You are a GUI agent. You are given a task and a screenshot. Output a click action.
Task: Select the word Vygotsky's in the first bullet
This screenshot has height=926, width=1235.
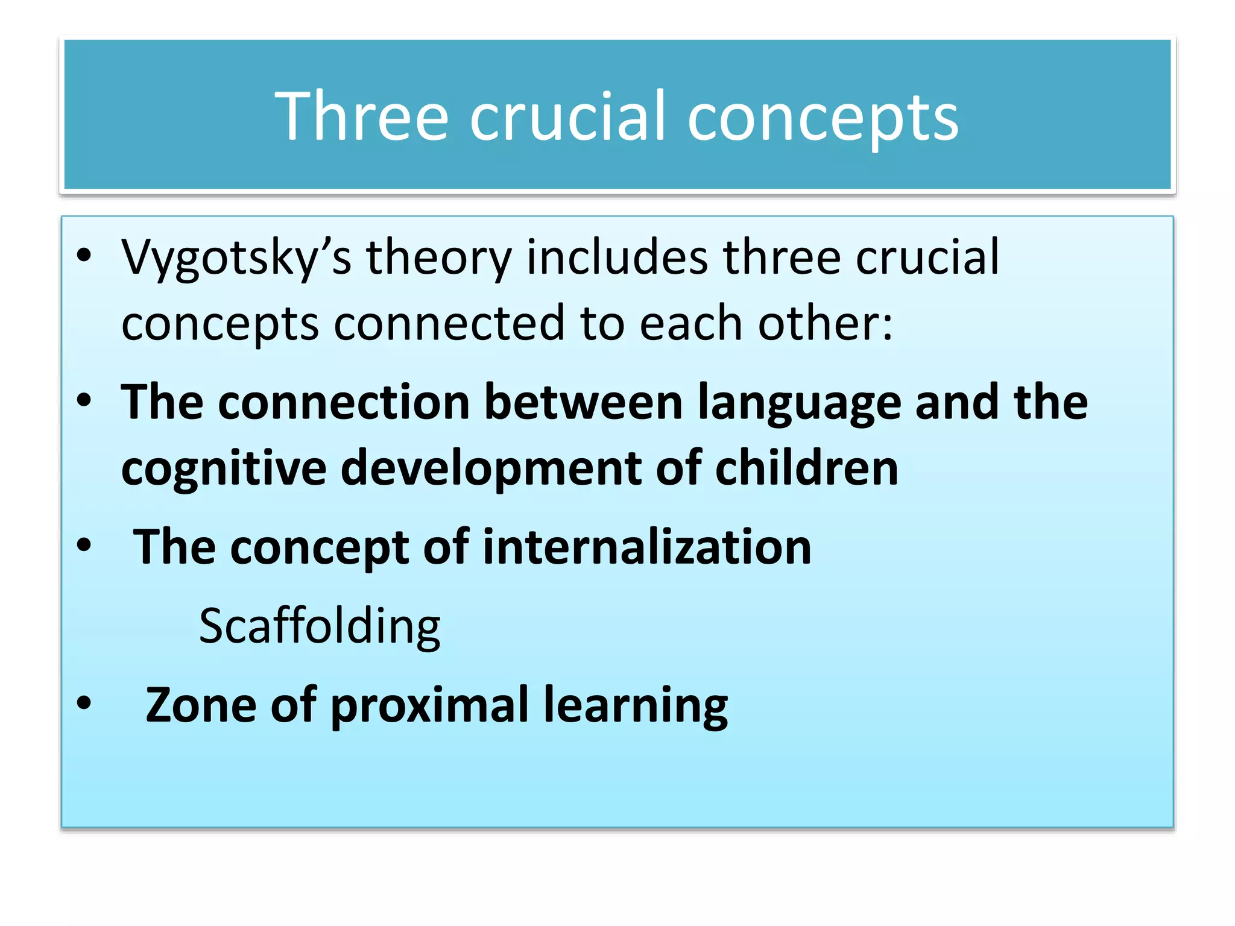236,258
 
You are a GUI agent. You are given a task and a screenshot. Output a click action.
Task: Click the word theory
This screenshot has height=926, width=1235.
438,258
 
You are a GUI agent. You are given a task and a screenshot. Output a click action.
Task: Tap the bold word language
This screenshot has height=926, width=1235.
799,403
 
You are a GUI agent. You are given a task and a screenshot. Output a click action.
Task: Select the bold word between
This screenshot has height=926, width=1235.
583,402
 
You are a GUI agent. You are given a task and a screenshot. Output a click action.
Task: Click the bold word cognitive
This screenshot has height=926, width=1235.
224,469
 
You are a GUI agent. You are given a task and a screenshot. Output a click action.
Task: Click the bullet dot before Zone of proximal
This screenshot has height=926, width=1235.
84,702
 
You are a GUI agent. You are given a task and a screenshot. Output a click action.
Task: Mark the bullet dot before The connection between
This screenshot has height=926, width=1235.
84,400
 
